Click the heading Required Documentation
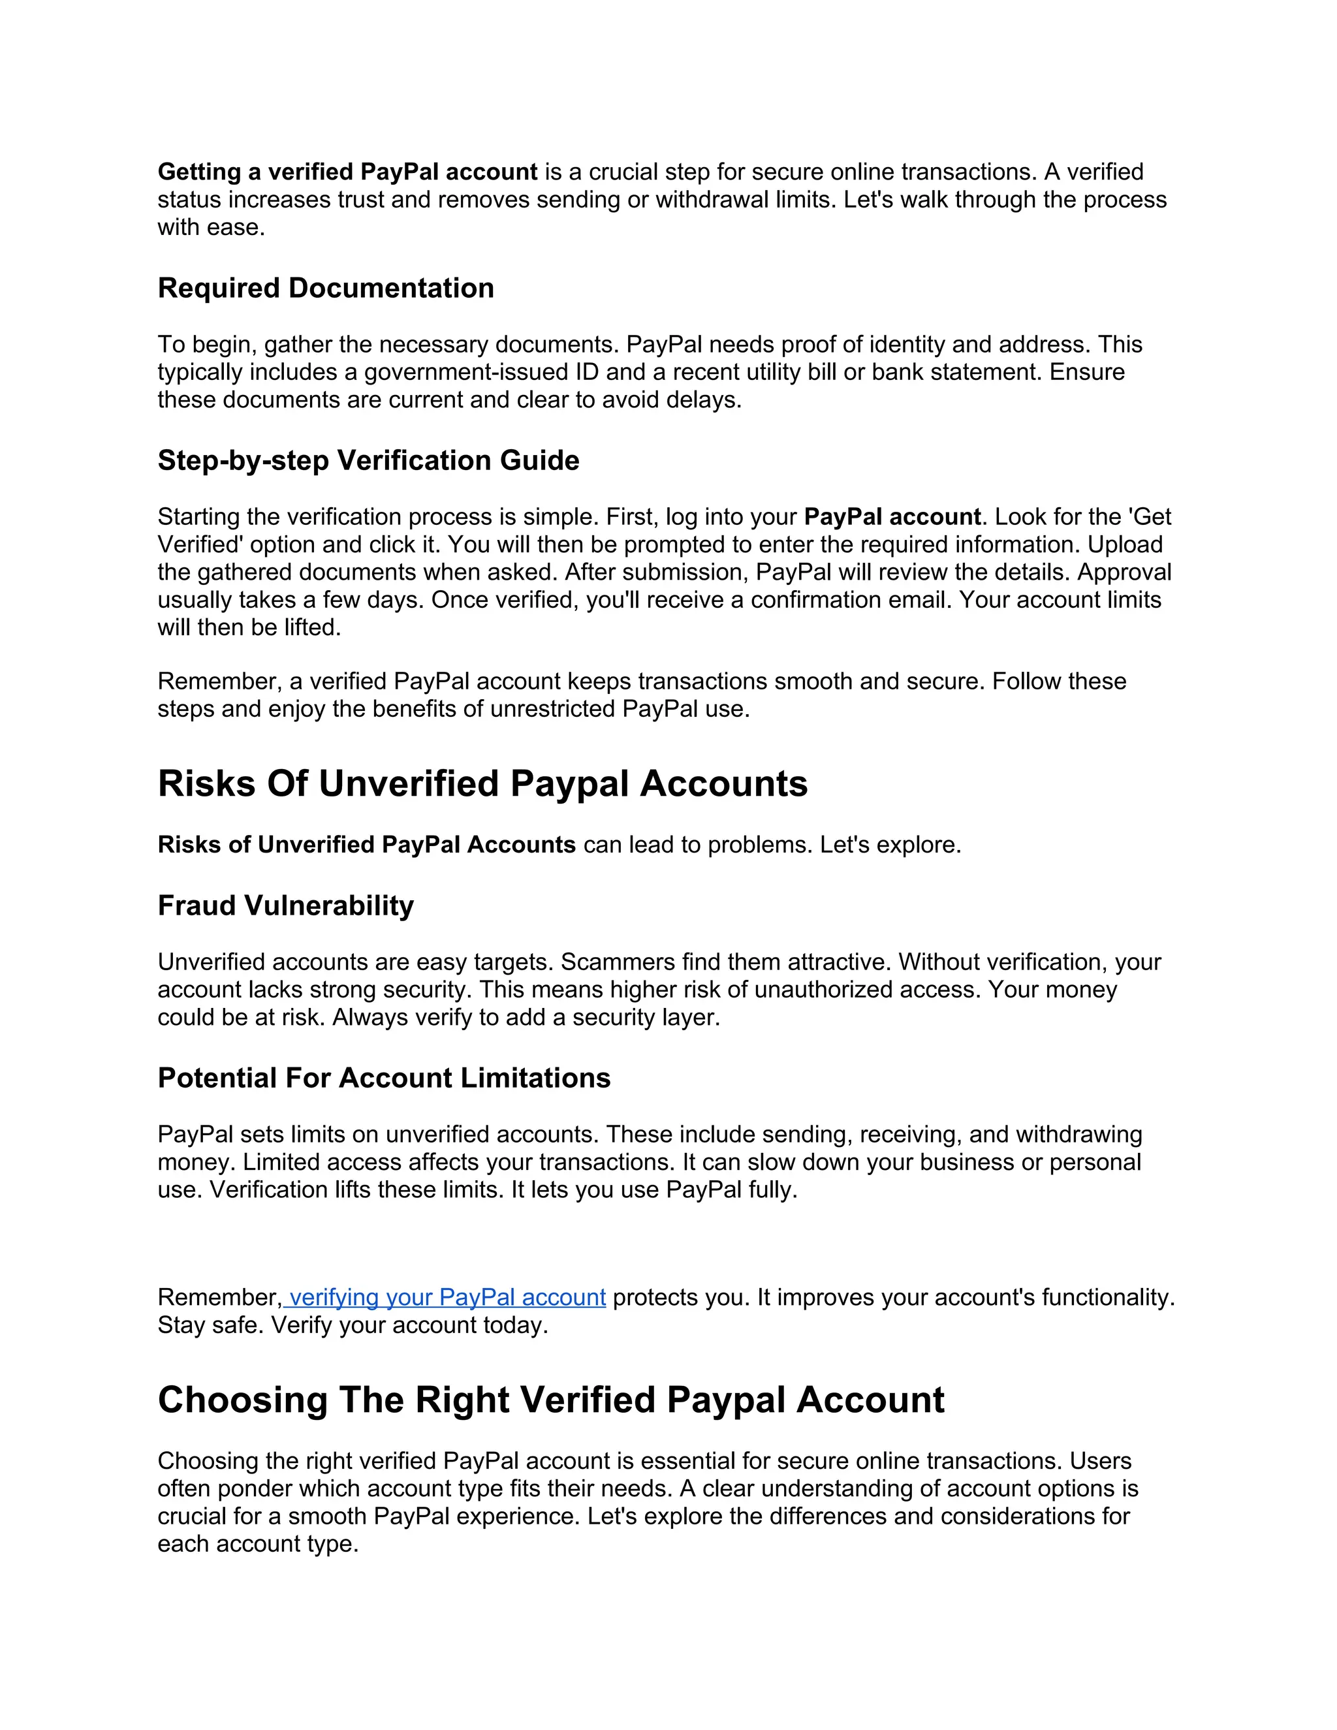326,289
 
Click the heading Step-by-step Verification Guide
368,461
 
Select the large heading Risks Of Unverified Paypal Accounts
482,784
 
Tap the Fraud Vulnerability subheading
285,906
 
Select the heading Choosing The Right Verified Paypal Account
550,1400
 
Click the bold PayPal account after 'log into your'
892,517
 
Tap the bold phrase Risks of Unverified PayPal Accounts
366,845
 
